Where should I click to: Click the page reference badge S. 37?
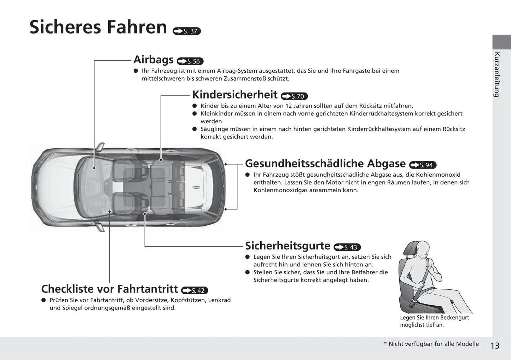tap(187, 31)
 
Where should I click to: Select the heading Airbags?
tap(153, 60)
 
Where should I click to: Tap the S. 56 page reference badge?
tap(190, 61)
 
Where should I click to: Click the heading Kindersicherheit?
tap(234, 95)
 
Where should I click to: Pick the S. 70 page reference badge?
tap(294, 96)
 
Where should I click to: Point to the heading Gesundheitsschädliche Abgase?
tap(325, 164)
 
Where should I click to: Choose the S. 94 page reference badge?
tap(423, 165)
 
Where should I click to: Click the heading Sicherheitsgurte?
tap(288, 246)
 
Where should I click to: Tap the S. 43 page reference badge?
tap(347, 247)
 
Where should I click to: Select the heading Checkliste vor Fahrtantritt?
tap(109, 289)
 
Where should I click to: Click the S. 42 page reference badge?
tap(194, 290)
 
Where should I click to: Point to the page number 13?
tap(495, 346)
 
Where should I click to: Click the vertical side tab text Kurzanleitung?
tap(497, 75)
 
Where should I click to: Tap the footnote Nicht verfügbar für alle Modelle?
tap(433, 344)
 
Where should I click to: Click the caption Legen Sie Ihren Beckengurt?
tap(434, 318)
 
